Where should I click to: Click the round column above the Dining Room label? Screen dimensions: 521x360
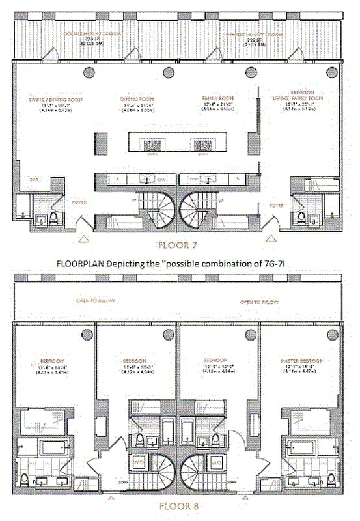169,72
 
